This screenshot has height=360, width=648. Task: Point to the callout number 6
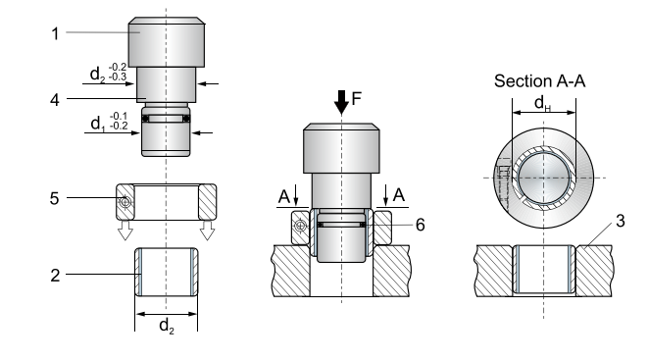pos(419,225)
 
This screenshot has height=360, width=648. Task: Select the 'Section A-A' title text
pos(540,79)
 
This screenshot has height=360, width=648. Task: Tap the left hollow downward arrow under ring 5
pos(125,231)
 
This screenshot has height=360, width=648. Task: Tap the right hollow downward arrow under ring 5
pos(207,231)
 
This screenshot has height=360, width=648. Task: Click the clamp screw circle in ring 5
pos(125,203)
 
